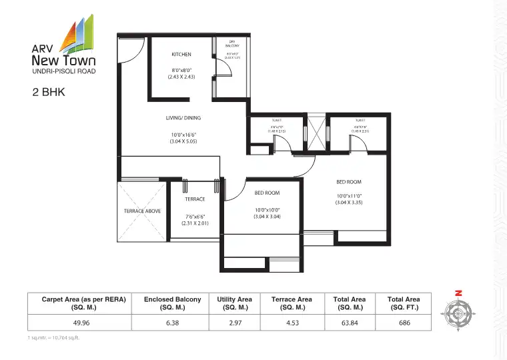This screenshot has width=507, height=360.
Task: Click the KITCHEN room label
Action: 181,54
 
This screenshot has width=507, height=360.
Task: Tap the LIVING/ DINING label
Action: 183,118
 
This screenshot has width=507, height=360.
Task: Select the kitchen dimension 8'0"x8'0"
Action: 181,70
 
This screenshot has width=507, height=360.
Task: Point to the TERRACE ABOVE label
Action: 142,211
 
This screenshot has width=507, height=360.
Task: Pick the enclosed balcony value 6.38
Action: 172,322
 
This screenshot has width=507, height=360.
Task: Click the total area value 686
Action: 403,322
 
